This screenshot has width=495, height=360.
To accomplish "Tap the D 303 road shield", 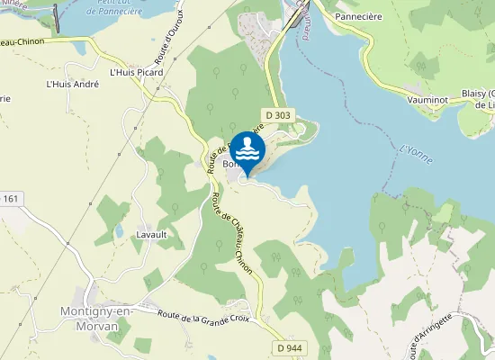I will pyautogui.click(x=276, y=114).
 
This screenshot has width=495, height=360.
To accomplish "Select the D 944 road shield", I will pyautogui.click(x=289, y=347).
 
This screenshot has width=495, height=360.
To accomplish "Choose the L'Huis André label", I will pyautogui.click(x=72, y=85).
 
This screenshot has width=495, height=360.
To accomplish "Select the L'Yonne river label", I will pyautogui.click(x=415, y=153).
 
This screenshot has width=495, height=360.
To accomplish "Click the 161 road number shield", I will pyautogui.click(x=10, y=198).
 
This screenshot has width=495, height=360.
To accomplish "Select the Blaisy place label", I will pyautogui.click(x=478, y=93).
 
